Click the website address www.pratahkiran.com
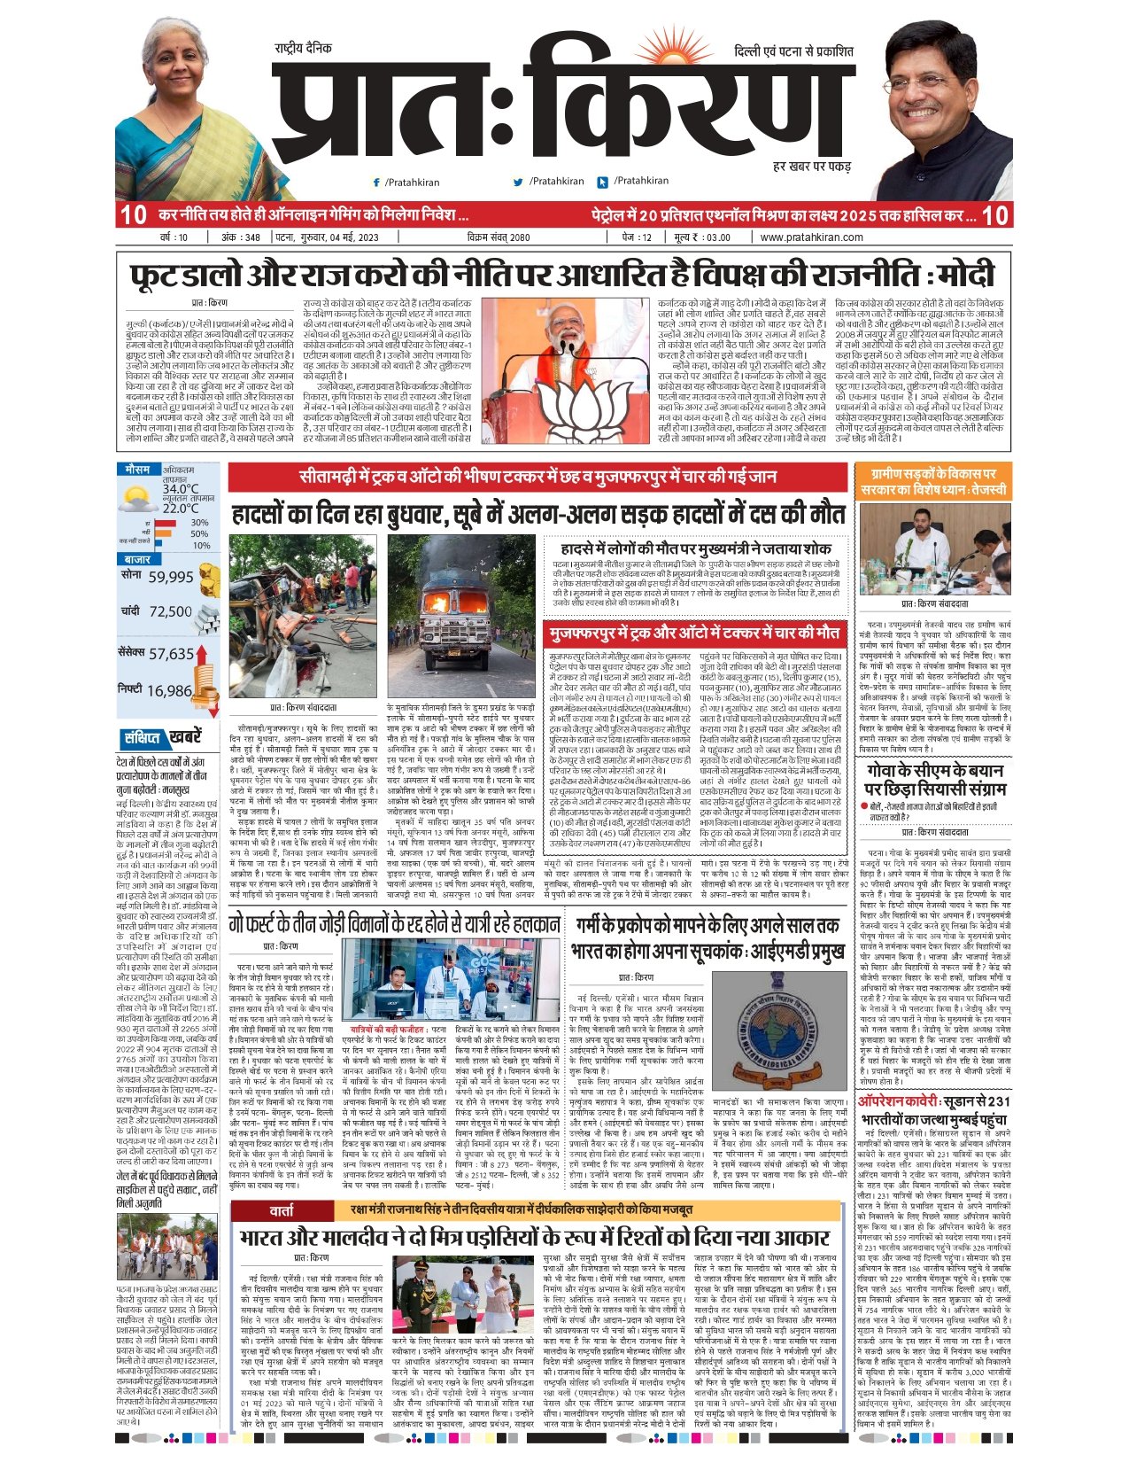[x=811, y=237]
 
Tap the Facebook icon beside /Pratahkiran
[x=376, y=182]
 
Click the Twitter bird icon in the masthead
[x=518, y=182]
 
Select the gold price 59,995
[x=171, y=577]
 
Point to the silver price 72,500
[x=170, y=611]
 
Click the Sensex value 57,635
[x=171, y=654]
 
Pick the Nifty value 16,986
[x=169, y=691]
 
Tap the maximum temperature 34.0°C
[x=180, y=489]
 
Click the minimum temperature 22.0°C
[x=180, y=509]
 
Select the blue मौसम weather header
[x=137, y=469]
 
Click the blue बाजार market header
[x=137, y=560]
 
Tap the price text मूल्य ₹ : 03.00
[x=702, y=237]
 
